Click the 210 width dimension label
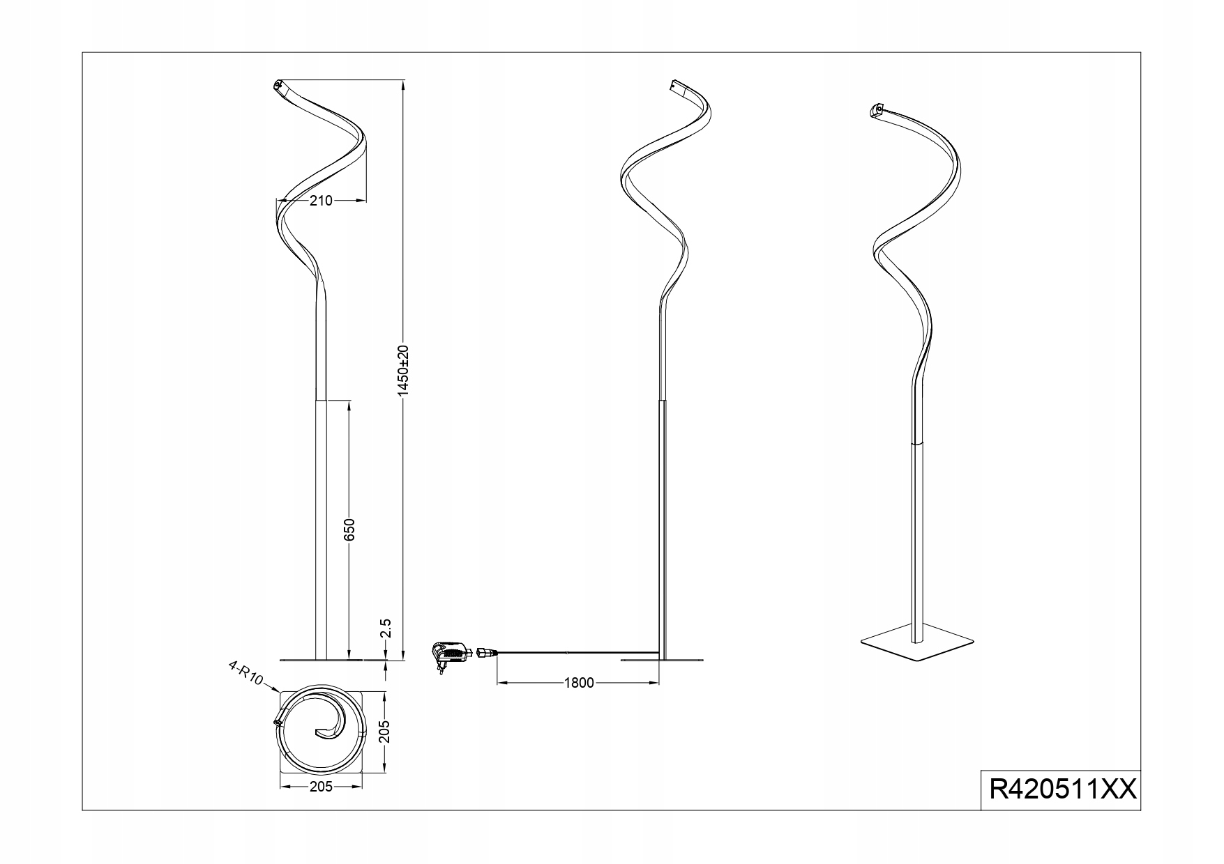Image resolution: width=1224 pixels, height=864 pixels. point(321,201)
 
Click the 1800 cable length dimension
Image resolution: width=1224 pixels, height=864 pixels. point(580,682)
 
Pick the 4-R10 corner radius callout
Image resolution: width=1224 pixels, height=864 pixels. point(245,674)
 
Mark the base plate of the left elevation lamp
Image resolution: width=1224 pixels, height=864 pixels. point(321,658)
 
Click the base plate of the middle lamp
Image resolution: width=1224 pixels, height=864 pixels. point(662,658)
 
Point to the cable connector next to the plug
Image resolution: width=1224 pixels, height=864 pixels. point(483,652)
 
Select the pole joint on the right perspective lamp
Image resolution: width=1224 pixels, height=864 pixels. point(919,442)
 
